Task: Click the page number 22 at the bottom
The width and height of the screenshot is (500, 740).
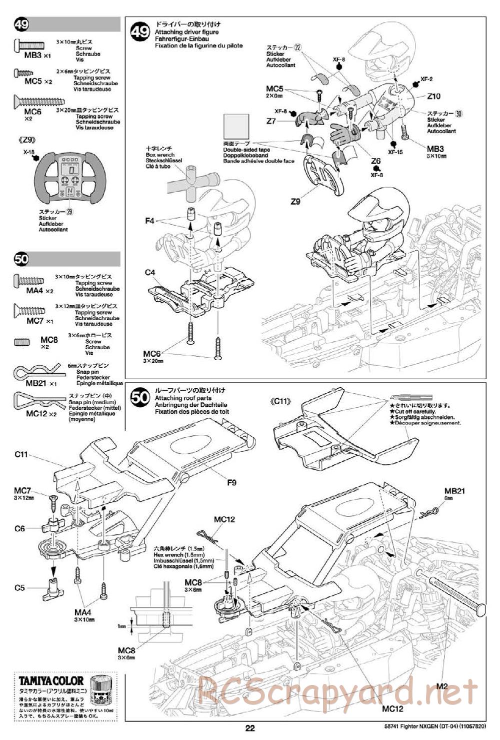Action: pyautogui.click(x=250, y=728)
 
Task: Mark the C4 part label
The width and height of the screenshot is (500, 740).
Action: pyautogui.click(x=150, y=272)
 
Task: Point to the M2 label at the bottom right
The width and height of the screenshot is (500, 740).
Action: pyautogui.click(x=441, y=686)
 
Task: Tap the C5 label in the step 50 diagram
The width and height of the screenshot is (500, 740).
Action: pyautogui.click(x=19, y=588)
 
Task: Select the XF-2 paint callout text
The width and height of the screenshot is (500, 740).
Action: pyautogui.click(x=426, y=79)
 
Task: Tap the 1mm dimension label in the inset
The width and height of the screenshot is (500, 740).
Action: pyautogui.click(x=122, y=626)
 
